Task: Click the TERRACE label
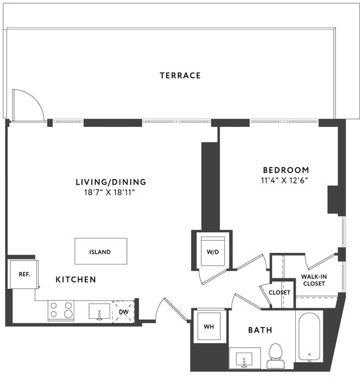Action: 180,75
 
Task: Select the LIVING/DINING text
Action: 111,182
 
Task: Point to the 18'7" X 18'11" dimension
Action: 111,192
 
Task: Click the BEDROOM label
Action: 286,170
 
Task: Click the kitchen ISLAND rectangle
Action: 101,252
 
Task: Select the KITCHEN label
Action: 76,280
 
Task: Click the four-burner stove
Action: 61,310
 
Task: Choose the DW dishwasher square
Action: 124,311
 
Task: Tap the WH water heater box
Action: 209,327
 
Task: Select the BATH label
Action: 260,330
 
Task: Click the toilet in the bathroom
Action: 275,355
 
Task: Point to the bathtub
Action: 308,336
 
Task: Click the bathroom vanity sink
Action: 244,359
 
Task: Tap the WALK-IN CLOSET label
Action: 313,280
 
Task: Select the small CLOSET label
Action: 280,292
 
